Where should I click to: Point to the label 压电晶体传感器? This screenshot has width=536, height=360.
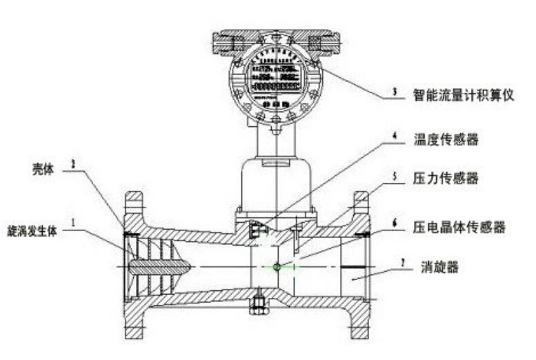459,226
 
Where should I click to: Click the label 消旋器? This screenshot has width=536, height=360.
439,265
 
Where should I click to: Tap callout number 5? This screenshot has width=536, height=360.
394,175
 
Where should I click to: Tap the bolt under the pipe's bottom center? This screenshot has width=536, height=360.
259,304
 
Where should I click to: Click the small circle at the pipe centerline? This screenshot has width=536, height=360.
276,266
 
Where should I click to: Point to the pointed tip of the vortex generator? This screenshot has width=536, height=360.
187,266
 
